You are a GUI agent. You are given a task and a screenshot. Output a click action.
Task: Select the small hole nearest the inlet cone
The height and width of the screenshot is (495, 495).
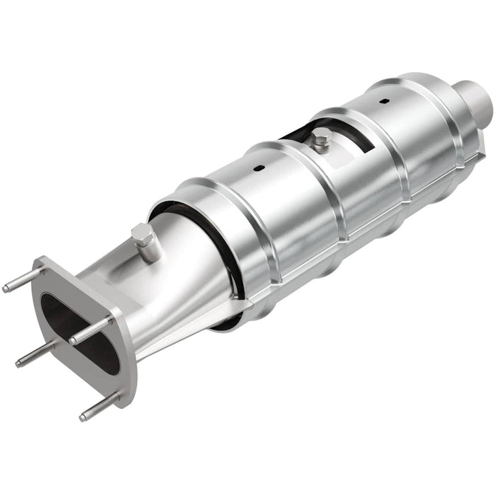point(257,168)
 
